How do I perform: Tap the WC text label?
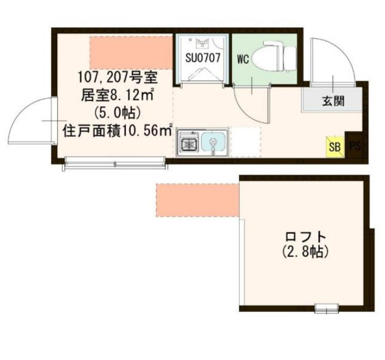point(243,59)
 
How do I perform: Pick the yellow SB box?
point(334,146)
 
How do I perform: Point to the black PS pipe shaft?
point(355,146)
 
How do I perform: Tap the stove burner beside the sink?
point(189,141)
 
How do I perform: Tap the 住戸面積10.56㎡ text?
point(117,129)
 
